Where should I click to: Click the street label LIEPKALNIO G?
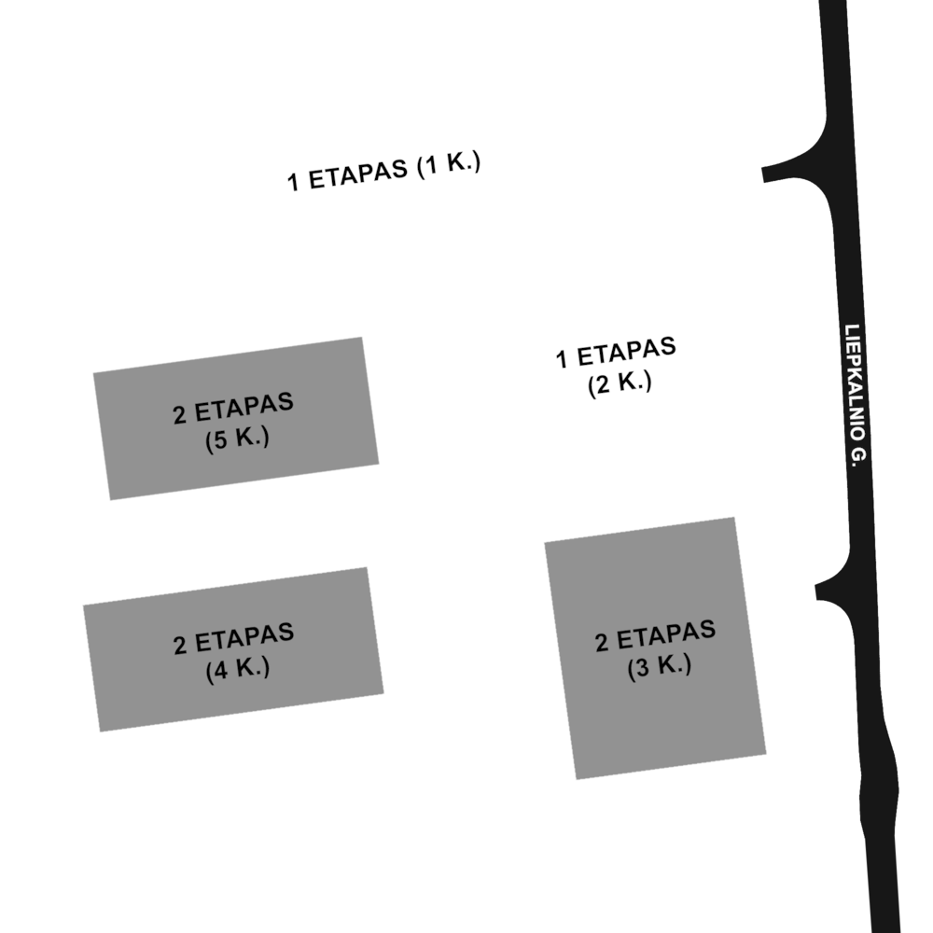pyautogui.click(x=856, y=396)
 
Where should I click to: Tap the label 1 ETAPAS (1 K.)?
pyautogui.click(x=383, y=172)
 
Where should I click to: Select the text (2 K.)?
pyautogui.click(x=620, y=383)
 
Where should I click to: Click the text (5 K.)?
pyautogui.click(x=237, y=439)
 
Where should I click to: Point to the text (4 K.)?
pyautogui.click(x=237, y=669)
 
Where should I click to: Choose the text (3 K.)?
pyautogui.click(x=660, y=666)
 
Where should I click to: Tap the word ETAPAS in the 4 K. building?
pyautogui.click(x=244, y=637)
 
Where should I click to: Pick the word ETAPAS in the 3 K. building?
pyautogui.click(x=666, y=634)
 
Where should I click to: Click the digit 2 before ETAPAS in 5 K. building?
pyautogui.click(x=180, y=416)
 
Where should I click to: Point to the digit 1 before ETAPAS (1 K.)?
pyautogui.click(x=293, y=183)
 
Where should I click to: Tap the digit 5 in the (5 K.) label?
pyautogui.click(x=221, y=441)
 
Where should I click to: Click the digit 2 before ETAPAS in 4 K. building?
pyautogui.click(x=180, y=647)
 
